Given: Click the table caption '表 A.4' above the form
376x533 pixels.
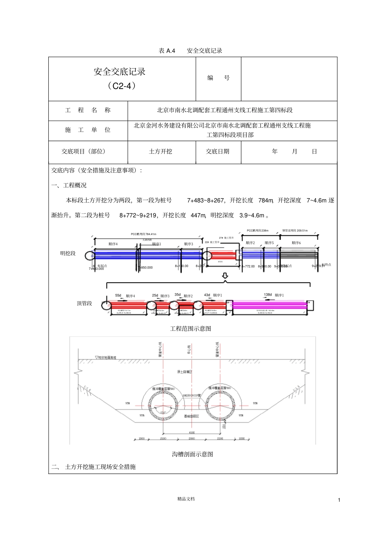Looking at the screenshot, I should point(167,51).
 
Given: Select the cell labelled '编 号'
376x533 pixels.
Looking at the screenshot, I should point(218,78).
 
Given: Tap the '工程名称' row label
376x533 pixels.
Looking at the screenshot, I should point(88,110).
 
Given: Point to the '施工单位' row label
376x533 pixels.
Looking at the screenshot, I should point(88,130).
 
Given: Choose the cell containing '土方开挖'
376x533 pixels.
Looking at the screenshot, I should point(161,151).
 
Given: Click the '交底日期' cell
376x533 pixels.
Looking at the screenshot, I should point(218,151).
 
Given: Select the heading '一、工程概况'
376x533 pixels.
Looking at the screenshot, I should point(69,185).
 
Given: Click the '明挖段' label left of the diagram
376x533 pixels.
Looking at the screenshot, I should point(68,253).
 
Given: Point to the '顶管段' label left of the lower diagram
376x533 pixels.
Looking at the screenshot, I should point(84,304).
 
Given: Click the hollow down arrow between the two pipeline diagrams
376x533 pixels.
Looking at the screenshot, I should point(225,275).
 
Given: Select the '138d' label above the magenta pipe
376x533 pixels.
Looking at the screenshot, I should point(268,295).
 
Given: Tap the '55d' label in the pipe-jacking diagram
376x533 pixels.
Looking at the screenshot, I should point(118,296).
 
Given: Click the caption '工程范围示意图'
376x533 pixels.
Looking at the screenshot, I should point(190,329).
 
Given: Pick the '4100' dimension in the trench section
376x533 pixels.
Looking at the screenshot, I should point(192,433).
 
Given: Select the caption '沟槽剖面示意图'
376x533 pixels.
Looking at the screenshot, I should point(192,454).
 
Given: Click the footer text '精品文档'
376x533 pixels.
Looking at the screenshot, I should point(186,499).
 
